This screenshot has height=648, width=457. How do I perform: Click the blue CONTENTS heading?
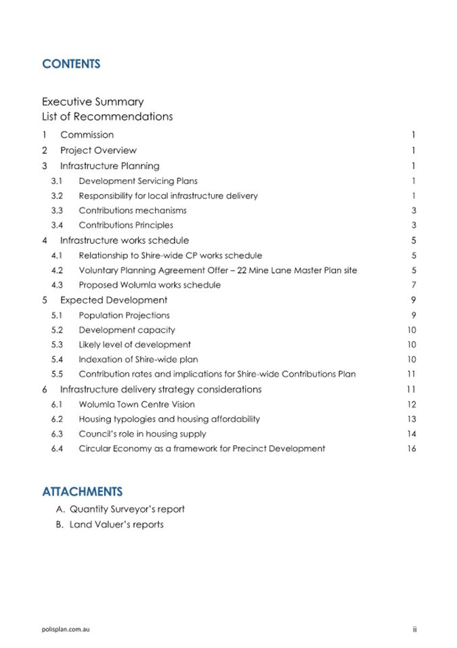pyautogui.click(x=71, y=64)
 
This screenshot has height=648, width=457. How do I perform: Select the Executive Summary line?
pyautogui.click(x=93, y=102)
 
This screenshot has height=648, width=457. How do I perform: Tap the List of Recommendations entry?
pyautogui.click(x=107, y=116)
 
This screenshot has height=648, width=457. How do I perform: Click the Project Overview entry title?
pyautogui.click(x=98, y=150)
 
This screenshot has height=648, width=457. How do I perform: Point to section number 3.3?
pyautogui.click(x=57, y=211)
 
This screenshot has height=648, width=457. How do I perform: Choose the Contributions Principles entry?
pyautogui.click(x=126, y=225)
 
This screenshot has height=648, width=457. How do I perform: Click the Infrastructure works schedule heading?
pyautogui.click(x=125, y=240)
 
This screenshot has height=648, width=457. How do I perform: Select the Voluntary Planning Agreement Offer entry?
pyautogui.click(x=218, y=271)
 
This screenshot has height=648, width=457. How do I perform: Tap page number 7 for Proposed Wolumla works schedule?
pyautogui.click(x=413, y=285)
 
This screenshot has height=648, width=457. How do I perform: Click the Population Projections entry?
pyautogui.click(x=124, y=315)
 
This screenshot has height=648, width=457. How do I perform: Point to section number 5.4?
pyautogui.click(x=57, y=360)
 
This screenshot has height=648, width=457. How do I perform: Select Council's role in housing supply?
pyautogui.click(x=142, y=434)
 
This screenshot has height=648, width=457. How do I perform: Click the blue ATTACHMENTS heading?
pyautogui.click(x=82, y=491)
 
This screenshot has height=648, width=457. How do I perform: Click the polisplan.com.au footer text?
pyautogui.click(x=66, y=629)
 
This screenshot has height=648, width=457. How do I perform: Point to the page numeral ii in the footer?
pyautogui.click(x=414, y=629)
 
